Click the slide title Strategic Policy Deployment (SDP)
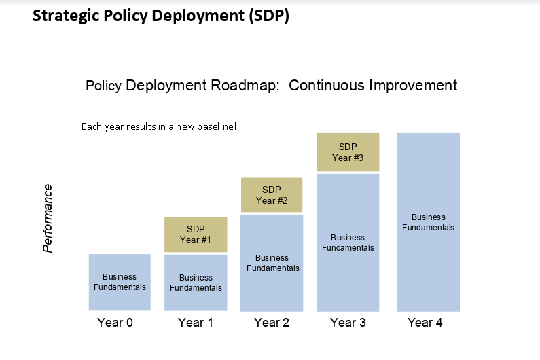[x=161, y=16]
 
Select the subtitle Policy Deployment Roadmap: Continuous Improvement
[x=271, y=86]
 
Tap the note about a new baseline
[x=158, y=126]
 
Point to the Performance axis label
[x=47, y=219]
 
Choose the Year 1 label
[x=196, y=323]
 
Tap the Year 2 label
[x=272, y=323]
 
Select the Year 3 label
[x=348, y=323]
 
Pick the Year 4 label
[x=425, y=323]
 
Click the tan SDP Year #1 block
[x=196, y=234]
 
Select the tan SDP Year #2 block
[x=272, y=195]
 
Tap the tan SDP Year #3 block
[x=348, y=152]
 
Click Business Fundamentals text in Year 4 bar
[x=429, y=222]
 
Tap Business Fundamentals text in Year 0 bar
[x=120, y=282]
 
